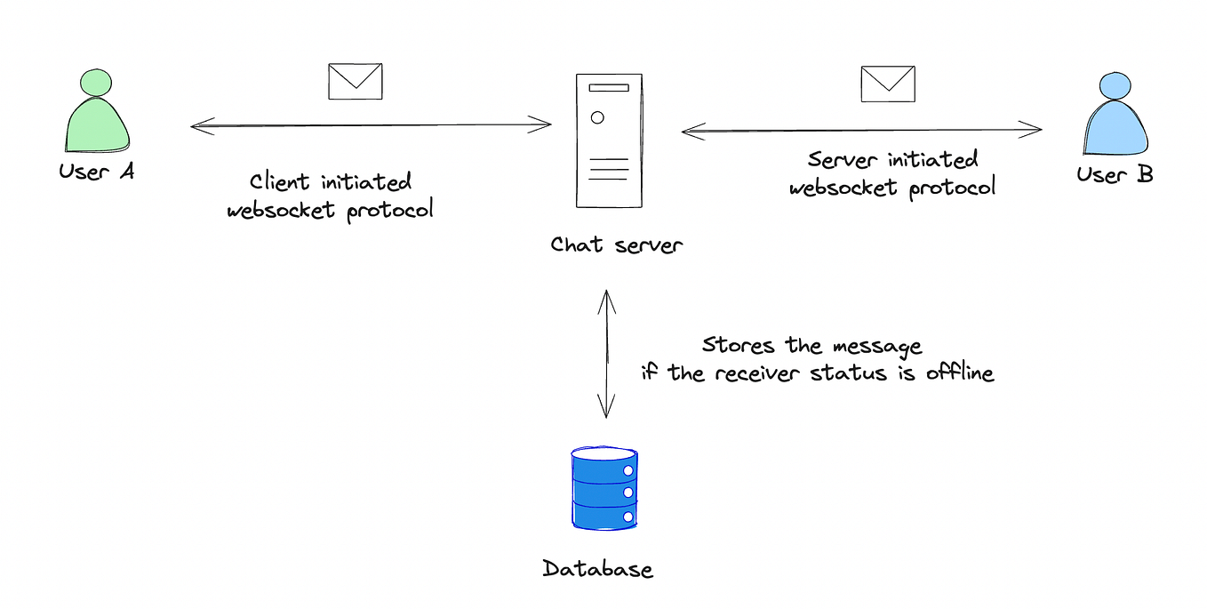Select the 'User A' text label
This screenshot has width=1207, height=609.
coord(97,172)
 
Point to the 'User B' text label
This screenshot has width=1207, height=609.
coord(1115,174)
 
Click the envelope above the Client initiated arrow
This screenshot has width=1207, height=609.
coord(356,81)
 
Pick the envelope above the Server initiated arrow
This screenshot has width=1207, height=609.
coord(887,84)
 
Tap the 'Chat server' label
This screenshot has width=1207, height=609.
coord(616,244)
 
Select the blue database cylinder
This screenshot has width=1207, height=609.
coord(604,490)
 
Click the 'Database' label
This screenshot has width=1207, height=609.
coord(597,569)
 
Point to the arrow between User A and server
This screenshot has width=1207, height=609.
coord(371,125)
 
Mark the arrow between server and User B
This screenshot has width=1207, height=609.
coord(861,131)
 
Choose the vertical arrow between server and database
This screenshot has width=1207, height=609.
coord(606,353)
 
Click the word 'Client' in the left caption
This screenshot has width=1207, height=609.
coord(280,183)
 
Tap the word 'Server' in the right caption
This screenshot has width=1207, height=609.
coord(842,161)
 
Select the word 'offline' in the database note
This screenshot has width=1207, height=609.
coord(959,373)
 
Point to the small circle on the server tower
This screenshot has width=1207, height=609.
coord(597,116)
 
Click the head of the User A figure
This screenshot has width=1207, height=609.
coord(96,83)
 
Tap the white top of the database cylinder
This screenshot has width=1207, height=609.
coord(604,454)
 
